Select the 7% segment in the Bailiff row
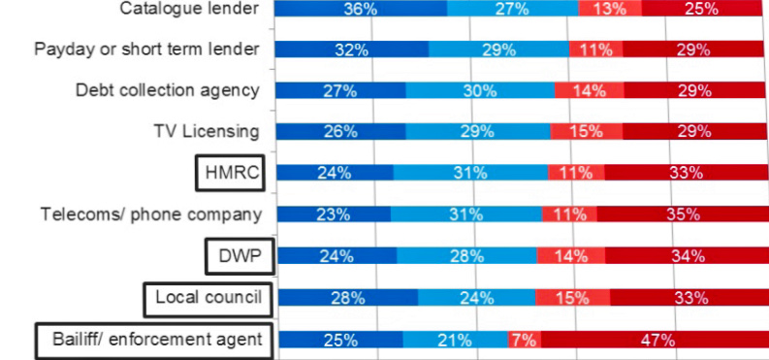524,340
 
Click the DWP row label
239,256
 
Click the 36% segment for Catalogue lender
361,10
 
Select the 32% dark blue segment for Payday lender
352,49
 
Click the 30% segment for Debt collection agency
480,91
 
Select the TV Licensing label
207,132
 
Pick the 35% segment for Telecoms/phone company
682,214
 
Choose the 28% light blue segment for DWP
466,256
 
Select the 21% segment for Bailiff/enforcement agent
455,340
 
